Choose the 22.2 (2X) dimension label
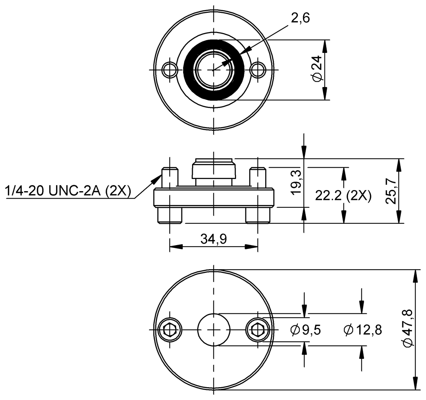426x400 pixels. [x=343, y=196]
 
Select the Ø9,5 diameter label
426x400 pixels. [x=305, y=330]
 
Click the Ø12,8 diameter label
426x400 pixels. [x=362, y=330]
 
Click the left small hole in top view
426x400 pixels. [x=169, y=69]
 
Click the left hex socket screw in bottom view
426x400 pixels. [x=169, y=330]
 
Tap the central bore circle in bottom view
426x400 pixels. [x=213, y=330]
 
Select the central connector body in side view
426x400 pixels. [x=213, y=171]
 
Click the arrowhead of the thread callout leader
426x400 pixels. [x=159, y=175]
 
